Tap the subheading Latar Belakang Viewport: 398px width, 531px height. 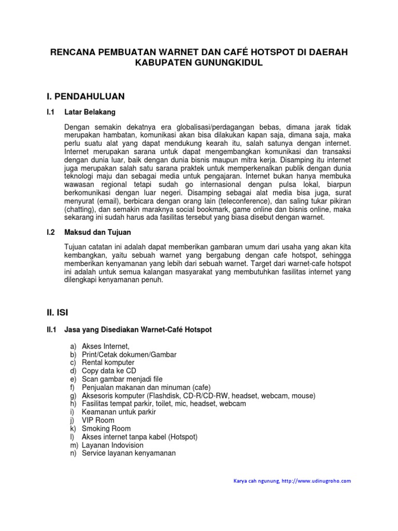(x=90, y=112)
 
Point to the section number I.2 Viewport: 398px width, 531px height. (x=51, y=232)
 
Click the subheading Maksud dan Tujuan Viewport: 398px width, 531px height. (x=97, y=232)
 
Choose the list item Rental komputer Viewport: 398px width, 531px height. (x=108, y=362)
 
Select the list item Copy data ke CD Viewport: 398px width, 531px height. (x=109, y=371)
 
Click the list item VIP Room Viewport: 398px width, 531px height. (x=98, y=421)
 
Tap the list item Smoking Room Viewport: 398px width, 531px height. (x=106, y=429)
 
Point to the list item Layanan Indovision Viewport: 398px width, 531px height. (x=112, y=445)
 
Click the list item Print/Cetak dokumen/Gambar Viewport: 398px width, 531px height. (x=129, y=354)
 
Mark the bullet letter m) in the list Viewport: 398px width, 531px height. (x=73, y=445)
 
